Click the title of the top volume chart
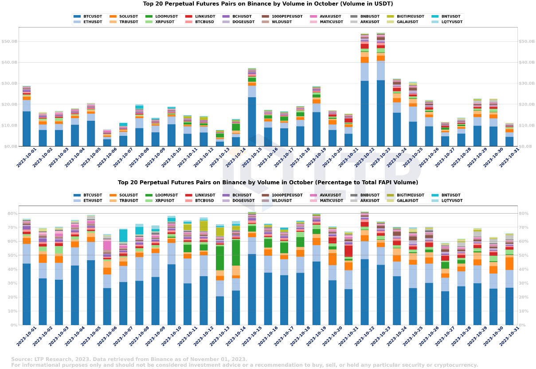268,4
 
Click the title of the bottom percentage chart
268,183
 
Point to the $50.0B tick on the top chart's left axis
9,41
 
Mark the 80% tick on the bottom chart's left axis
11,214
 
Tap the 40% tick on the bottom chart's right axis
525,270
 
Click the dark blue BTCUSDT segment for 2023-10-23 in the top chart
380,113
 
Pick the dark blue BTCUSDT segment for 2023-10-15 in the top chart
252,122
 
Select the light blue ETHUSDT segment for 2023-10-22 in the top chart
364,71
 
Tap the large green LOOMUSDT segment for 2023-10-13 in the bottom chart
220,258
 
